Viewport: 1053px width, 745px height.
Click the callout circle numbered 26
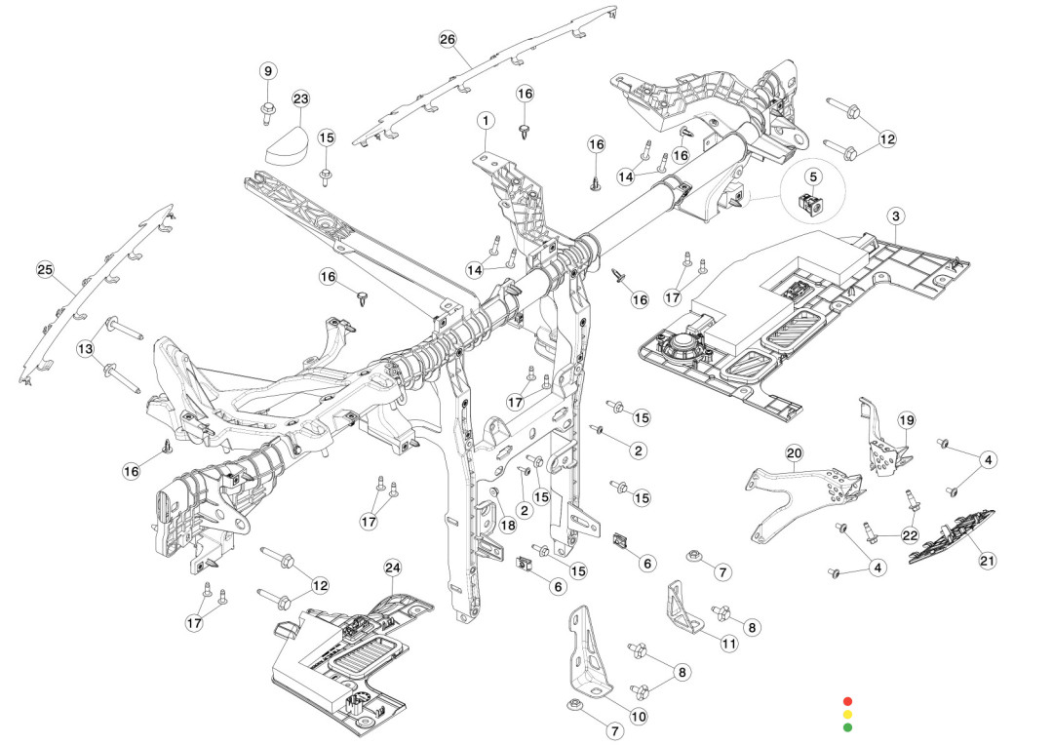click(448, 39)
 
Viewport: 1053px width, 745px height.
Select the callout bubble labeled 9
click(269, 70)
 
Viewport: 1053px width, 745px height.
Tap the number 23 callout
click(300, 99)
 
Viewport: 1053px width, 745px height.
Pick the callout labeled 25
click(44, 269)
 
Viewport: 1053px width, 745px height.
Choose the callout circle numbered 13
click(86, 348)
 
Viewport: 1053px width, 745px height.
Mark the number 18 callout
click(508, 525)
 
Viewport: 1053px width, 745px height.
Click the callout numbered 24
click(393, 568)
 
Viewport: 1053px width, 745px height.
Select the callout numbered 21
click(988, 560)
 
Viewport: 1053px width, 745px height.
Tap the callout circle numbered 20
click(794, 453)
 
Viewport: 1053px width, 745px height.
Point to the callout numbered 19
click(906, 420)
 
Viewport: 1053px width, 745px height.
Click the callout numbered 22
click(910, 534)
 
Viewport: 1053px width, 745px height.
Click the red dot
click(847, 701)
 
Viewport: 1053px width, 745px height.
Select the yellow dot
click(847, 714)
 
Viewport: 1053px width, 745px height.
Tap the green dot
click(847, 726)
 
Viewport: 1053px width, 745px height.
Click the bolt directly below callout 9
click(268, 111)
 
